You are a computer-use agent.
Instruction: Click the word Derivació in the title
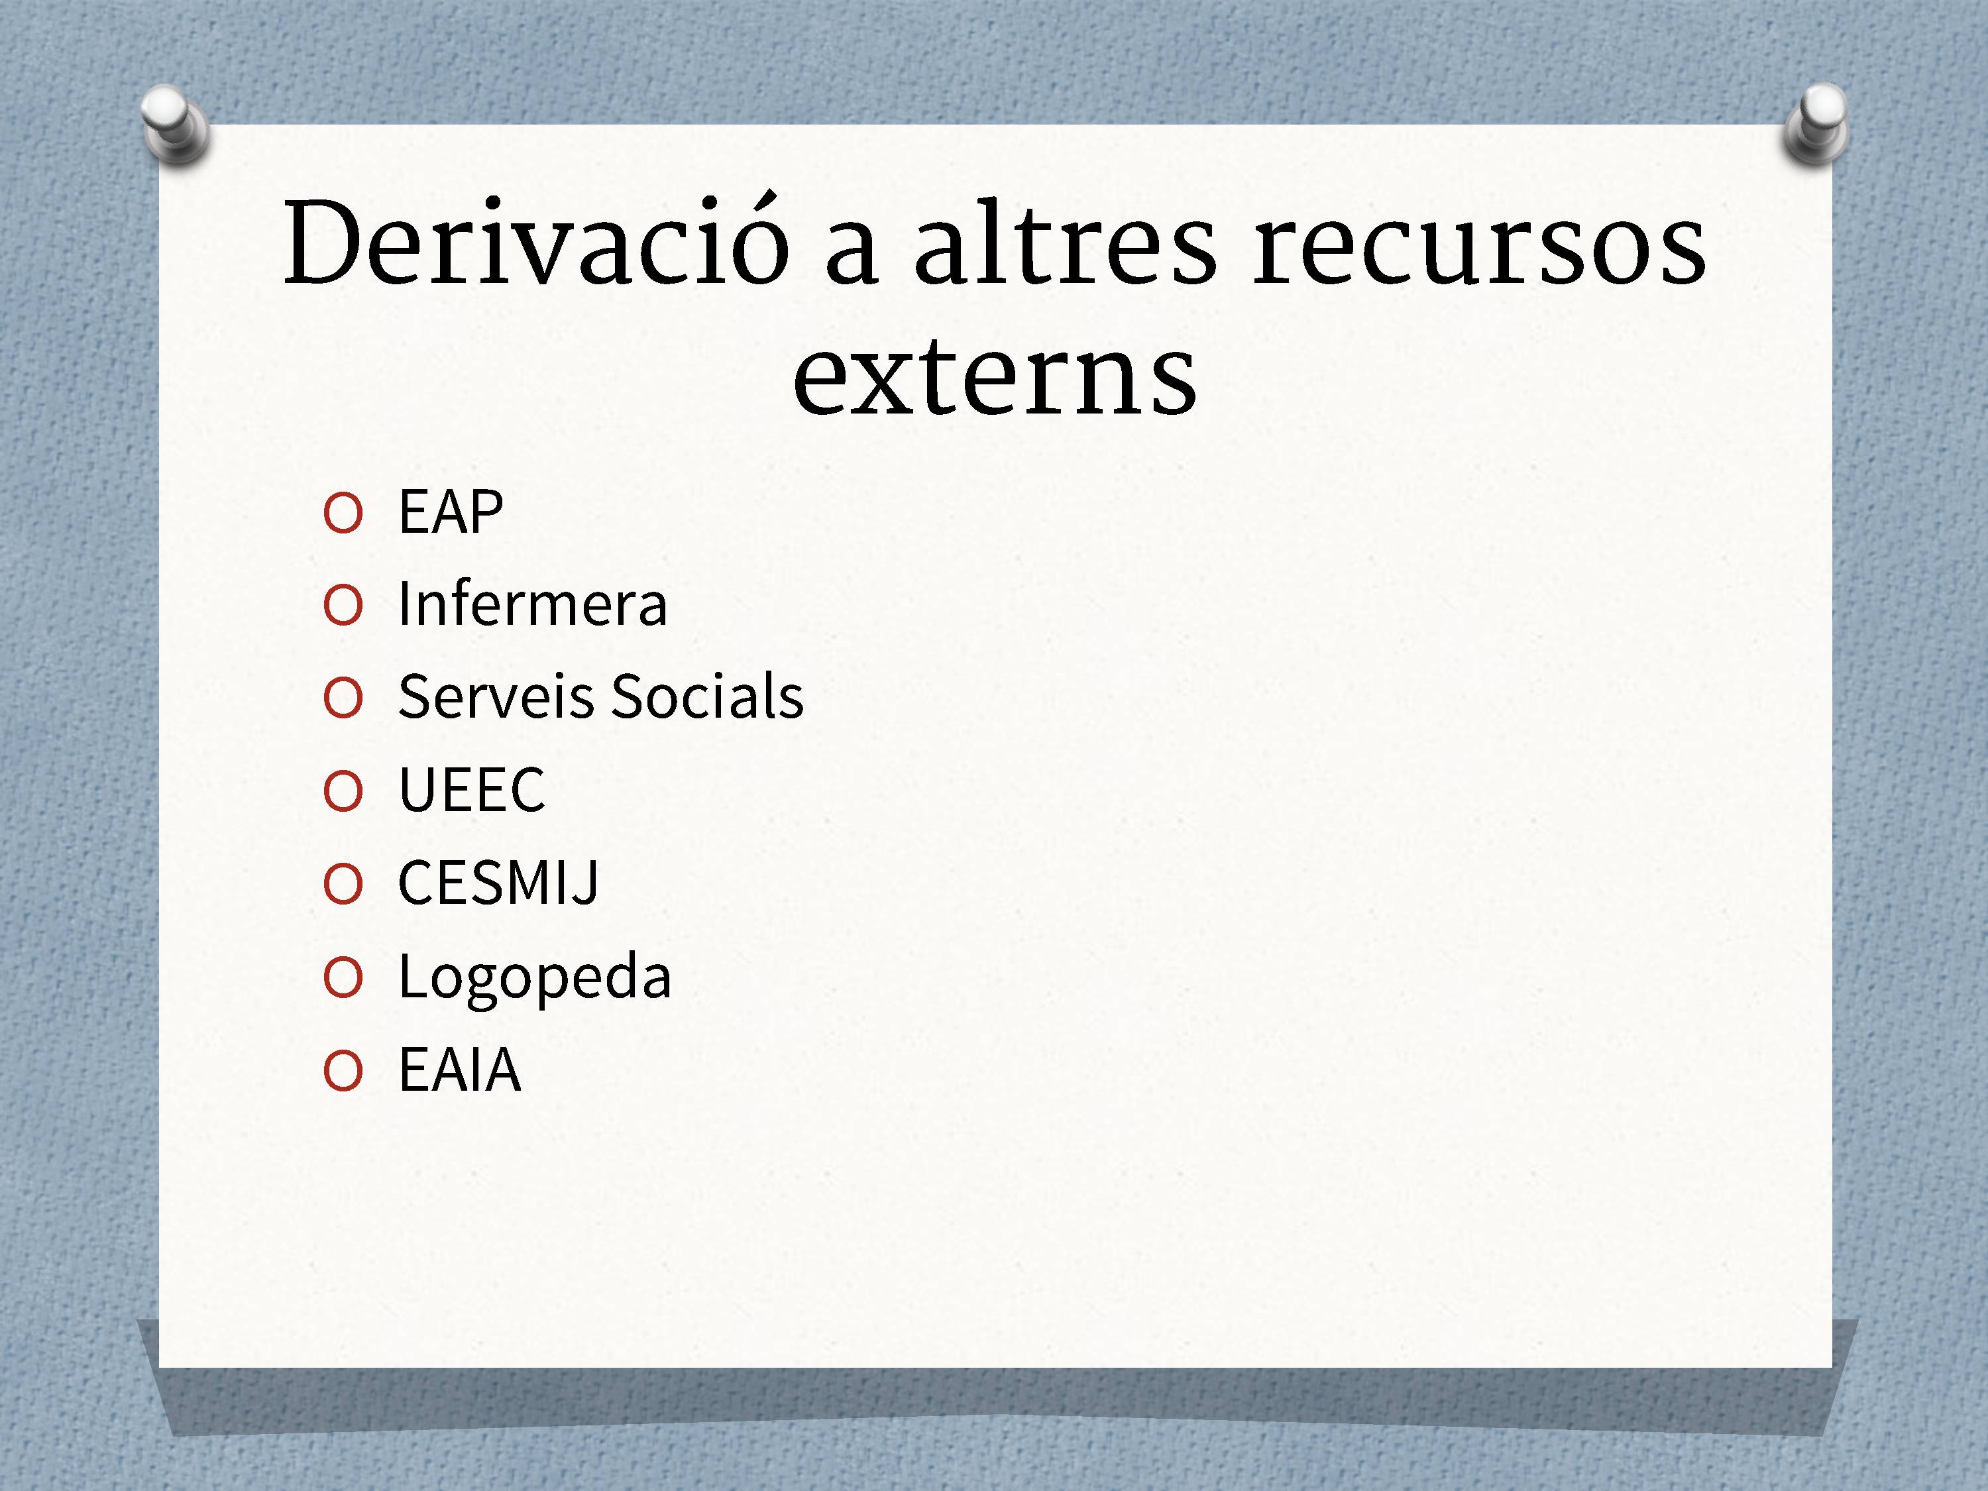pos(537,240)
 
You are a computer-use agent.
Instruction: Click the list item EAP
pos(450,512)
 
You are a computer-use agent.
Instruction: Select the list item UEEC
pos(472,790)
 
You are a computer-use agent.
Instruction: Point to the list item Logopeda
pos(535,979)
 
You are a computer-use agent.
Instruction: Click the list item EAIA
pos(459,1070)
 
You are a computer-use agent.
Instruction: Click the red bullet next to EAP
pos(343,514)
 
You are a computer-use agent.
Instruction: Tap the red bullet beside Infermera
pos(343,606)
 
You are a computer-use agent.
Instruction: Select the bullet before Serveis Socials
pos(343,699)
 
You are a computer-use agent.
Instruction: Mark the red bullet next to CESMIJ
pos(343,885)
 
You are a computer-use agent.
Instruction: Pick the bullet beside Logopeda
pos(343,978)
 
